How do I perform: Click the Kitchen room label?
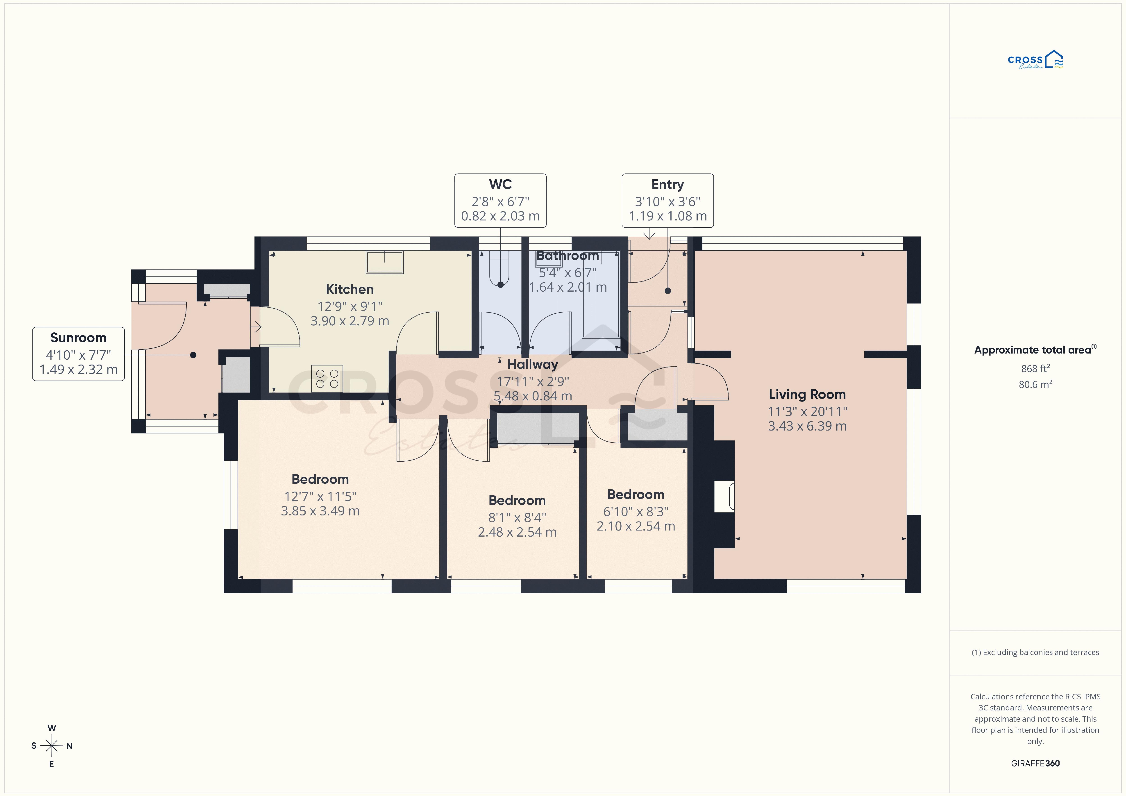pos(350,289)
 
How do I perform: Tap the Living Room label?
pos(807,394)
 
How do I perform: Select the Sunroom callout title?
pos(78,338)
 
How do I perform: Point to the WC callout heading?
pos(500,184)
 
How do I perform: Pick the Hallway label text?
pos(533,364)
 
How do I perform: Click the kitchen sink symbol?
pos(384,262)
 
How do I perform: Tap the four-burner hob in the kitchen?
pos(327,379)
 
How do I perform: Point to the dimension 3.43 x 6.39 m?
pos(807,426)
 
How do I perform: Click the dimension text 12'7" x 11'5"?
pos(320,496)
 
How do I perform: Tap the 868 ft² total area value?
pos(1035,368)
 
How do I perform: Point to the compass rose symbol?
pos(52,746)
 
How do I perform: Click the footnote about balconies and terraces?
pos(1035,652)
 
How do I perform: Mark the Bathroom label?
pos(568,256)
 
